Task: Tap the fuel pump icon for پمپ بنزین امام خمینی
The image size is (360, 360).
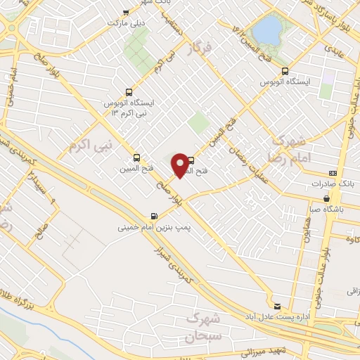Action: [x=153, y=217]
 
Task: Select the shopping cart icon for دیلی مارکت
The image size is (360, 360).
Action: [x=126, y=13]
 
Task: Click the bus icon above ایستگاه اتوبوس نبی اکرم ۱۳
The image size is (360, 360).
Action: [x=129, y=92]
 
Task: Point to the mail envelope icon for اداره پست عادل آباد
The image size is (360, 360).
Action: [x=277, y=306]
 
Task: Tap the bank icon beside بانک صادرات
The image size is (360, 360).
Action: [x=332, y=174]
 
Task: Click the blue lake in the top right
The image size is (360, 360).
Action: [x=266, y=29]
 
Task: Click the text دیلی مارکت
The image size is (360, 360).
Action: [x=125, y=23]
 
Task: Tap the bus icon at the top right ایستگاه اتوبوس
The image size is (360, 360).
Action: [x=285, y=71]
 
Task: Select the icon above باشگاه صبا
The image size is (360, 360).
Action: [x=317, y=198]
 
